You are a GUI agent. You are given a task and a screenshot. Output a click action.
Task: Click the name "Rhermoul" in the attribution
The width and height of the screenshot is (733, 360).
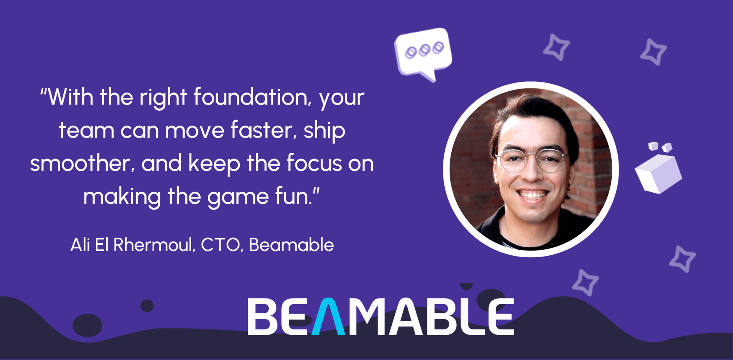[154, 245]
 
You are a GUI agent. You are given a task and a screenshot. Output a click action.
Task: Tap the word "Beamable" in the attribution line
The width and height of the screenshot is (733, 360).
[291, 245]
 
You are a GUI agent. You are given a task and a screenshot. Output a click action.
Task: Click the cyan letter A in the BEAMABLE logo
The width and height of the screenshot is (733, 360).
[328, 316]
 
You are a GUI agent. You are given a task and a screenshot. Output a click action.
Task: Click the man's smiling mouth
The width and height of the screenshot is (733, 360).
[533, 195]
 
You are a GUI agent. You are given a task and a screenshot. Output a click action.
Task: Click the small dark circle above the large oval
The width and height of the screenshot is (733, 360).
[147, 306]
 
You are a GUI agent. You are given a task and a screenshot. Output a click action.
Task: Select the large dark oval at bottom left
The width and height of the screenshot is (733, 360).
[87, 325]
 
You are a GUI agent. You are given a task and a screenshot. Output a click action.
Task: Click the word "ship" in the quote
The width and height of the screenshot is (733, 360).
[325, 131]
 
